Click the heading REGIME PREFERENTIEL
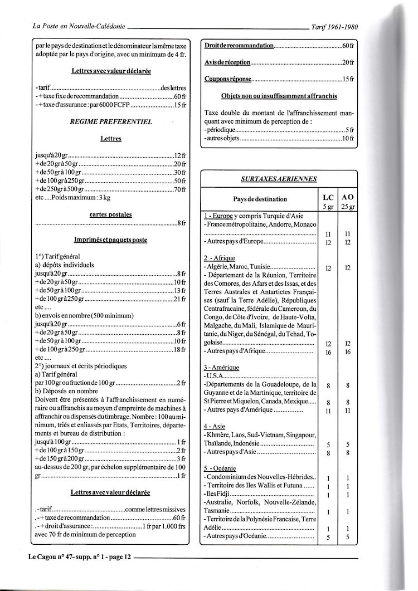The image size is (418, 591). click(111, 120)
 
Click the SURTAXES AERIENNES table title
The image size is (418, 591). click(279, 179)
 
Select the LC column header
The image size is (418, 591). click(328, 197)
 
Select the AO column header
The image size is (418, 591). click(347, 197)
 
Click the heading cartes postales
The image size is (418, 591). click(111, 214)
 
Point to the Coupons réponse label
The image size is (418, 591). click(228, 79)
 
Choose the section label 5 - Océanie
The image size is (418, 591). click(221, 468)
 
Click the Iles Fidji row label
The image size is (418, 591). click(217, 495)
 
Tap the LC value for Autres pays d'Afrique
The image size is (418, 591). click(328, 353)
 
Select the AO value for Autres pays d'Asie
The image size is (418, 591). click(347, 453)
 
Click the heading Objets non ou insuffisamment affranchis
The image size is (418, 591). click(279, 96)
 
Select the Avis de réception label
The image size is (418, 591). click(227, 62)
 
